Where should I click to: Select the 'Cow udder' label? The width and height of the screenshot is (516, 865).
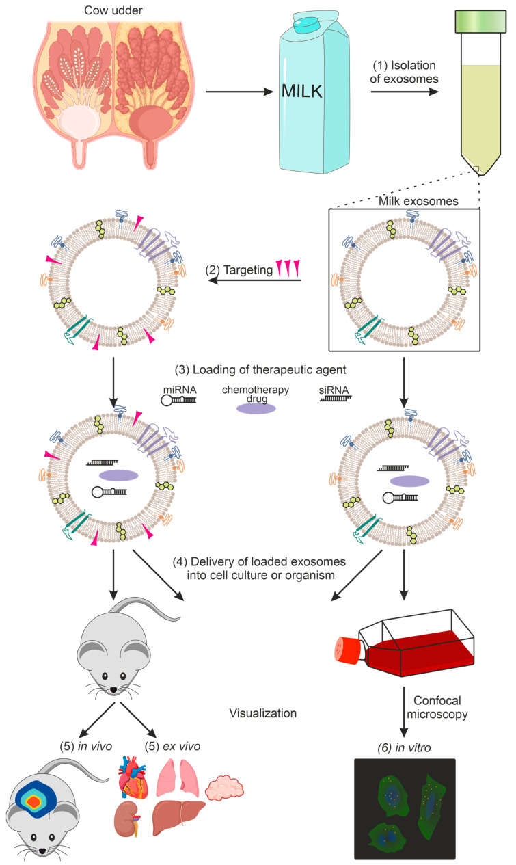click(112, 10)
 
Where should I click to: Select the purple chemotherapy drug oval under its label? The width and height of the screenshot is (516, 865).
click(256, 408)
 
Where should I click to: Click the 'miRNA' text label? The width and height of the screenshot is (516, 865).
click(176, 389)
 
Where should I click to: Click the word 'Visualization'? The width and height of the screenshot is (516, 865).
click(262, 714)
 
